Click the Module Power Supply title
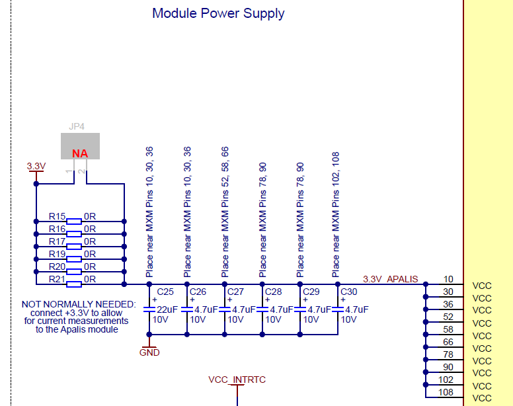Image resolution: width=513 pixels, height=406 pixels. pyautogui.click(x=218, y=14)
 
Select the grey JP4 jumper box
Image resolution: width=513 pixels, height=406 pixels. pyautogui.click(x=80, y=146)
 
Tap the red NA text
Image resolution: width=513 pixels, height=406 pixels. pyautogui.click(x=80, y=153)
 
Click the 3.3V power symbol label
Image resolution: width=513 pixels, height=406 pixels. pyautogui.click(x=36, y=166)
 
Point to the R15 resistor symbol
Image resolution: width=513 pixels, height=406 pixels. pyautogui.click(x=74, y=222)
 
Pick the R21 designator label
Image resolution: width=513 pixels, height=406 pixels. pyautogui.click(x=57, y=279)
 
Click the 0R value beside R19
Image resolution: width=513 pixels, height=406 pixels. pyautogui.click(x=90, y=254)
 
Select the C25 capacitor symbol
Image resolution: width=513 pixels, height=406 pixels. pyautogui.click(x=149, y=309)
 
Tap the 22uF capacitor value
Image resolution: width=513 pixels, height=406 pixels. pyautogui.click(x=167, y=309)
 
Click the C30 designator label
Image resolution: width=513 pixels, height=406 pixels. pyautogui.click(x=349, y=292)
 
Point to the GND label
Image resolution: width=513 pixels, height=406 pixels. pyautogui.click(x=149, y=352)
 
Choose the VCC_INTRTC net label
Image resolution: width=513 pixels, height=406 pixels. pyautogui.click(x=237, y=380)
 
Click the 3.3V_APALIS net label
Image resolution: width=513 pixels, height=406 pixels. pyautogui.click(x=390, y=279)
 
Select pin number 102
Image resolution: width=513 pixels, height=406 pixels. pyautogui.click(x=446, y=380)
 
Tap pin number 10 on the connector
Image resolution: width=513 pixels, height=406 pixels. pyautogui.click(x=448, y=279)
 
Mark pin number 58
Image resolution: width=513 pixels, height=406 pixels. pyautogui.click(x=448, y=329)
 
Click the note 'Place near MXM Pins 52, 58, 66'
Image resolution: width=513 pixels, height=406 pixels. pyautogui.click(x=225, y=212)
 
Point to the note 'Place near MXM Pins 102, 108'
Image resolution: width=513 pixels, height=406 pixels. pyautogui.click(x=336, y=215)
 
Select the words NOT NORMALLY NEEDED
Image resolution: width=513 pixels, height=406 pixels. pyautogui.click(x=79, y=304)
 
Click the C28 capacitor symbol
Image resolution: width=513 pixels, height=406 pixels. pyautogui.click(x=262, y=309)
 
